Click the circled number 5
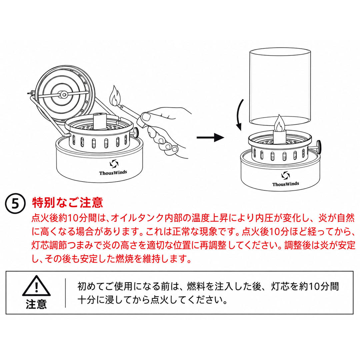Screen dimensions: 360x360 click(15, 204)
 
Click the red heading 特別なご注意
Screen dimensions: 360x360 click(67, 202)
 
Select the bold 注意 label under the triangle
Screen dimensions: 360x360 click(36, 304)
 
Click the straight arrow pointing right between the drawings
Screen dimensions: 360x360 click(210, 137)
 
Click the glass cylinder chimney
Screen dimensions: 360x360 click(280, 87)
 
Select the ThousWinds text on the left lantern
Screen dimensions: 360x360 click(113, 172)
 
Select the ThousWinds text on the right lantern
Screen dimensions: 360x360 click(286, 184)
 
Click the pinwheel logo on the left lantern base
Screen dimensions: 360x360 click(114, 164)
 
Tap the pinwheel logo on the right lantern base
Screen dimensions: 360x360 click(286, 176)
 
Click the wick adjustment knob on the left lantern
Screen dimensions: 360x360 click(136, 132)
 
